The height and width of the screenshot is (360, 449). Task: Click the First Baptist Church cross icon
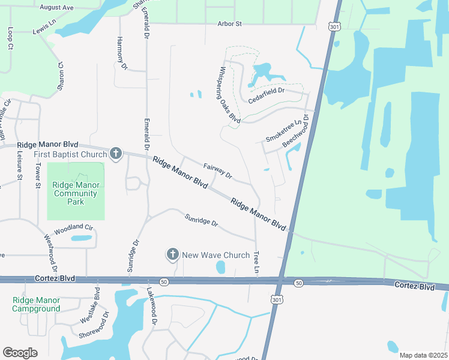click(x=116, y=155)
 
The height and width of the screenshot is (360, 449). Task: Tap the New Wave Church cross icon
click(x=173, y=255)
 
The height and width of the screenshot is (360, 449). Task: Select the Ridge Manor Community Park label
click(x=76, y=194)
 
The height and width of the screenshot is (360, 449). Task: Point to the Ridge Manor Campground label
click(x=37, y=304)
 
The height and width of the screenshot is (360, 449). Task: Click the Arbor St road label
click(x=230, y=24)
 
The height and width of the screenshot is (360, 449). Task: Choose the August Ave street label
click(x=56, y=8)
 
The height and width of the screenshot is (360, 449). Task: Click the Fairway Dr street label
click(x=217, y=171)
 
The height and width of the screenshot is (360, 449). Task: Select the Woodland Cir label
click(x=74, y=229)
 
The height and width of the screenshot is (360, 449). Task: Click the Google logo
click(x=20, y=353)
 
